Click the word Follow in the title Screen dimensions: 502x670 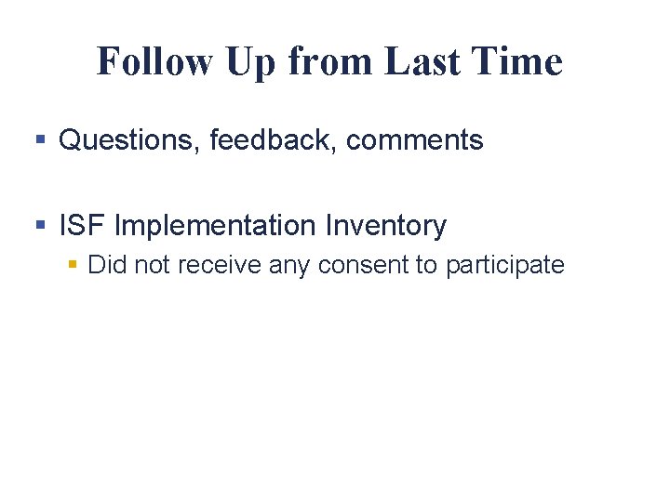tap(154, 61)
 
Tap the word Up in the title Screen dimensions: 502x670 tap(250, 61)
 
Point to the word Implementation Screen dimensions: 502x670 tap(216, 226)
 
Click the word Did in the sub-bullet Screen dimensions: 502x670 tap(107, 265)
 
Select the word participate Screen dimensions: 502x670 tap(504, 265)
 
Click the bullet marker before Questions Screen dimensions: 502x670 tap(40, 141)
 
